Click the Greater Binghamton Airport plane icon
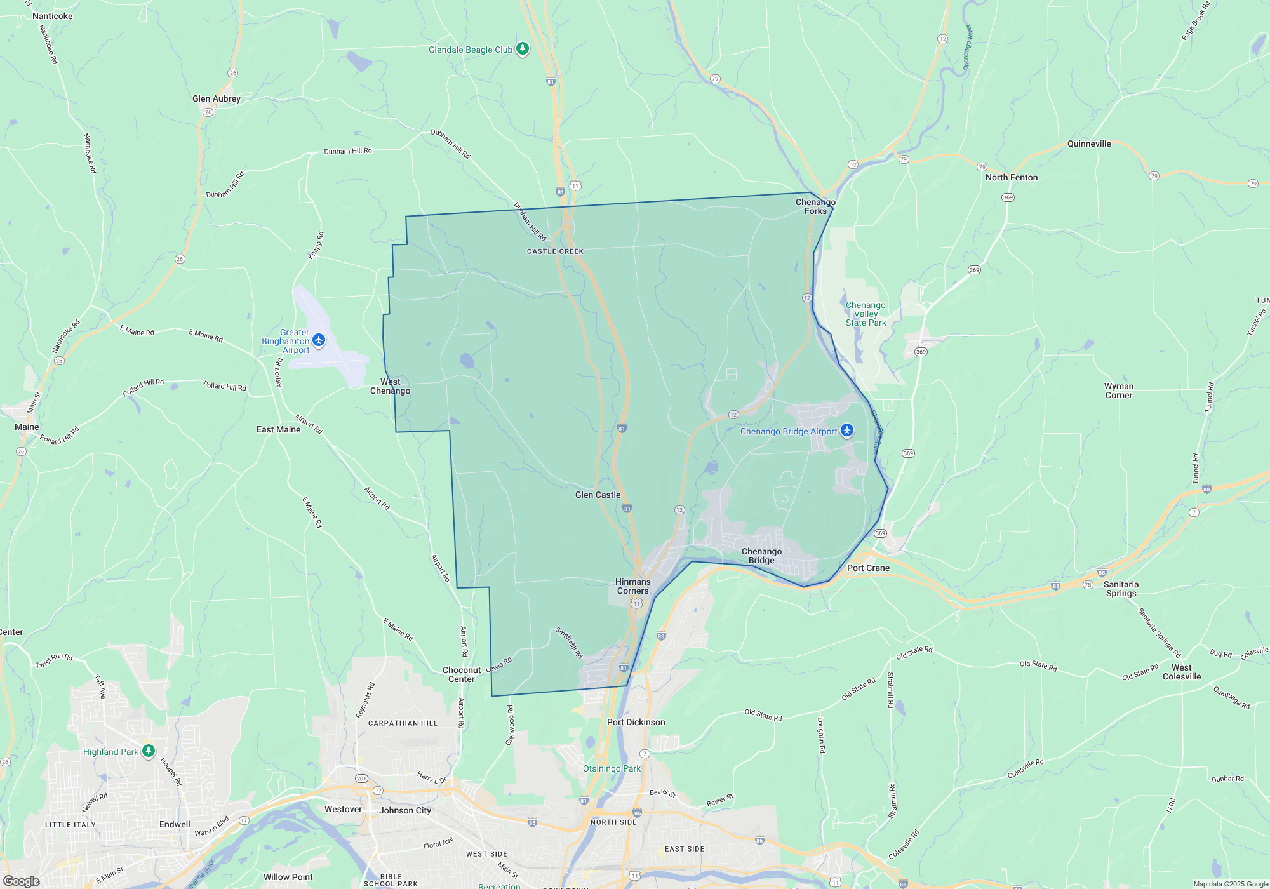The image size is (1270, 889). click(x=319, y=340)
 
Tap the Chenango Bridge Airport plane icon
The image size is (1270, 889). click(x=846, y=431)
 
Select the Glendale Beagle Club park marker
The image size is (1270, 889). click(x=522, y=49)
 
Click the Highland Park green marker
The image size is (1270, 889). click(x=149, y=751)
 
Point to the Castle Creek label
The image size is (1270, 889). click(x=555, y=251)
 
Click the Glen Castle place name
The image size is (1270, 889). click(x=598, y=495)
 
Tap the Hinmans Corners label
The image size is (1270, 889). click(x=633, y=586)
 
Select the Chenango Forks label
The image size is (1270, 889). click(x=815, y=206)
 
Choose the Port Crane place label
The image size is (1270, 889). click(x=868, y=568)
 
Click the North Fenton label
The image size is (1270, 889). click(x=1012, y=177)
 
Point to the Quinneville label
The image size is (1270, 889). click(x=1089, y=144)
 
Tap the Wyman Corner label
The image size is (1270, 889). click(x=1118, y=391)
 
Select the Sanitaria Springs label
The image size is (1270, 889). click(x=1121, y=589)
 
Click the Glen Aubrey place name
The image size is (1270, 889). click(x=217, y=98)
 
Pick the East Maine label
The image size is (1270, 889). click(x=278, y=429)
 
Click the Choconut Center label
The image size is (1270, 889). click(x=462, y=674)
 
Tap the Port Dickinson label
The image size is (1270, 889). click(x=636, y=722)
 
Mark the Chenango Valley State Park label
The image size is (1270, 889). click(x=866, y=314)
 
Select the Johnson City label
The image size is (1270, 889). click(x=405, y=810)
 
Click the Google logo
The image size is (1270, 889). click(x=22, y=881)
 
